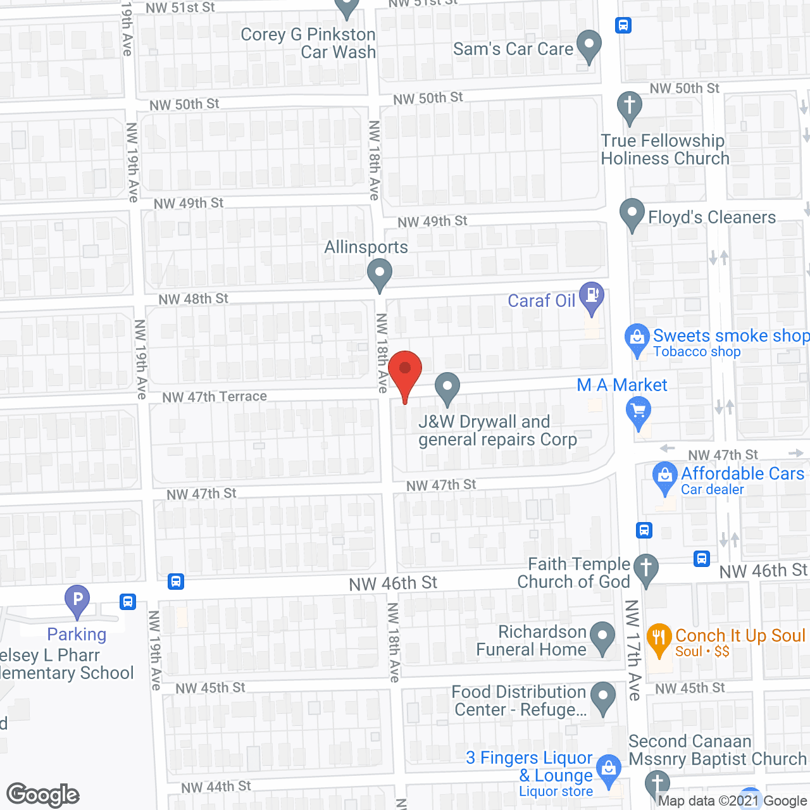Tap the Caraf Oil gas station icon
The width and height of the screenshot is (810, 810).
click(592, 296)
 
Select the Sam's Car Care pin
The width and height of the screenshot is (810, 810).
click(589, 46)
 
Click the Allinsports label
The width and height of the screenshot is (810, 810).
click(366, 247)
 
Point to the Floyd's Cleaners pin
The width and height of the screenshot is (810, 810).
click(632, 214)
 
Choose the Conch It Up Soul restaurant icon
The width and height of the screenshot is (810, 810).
click(659, 638)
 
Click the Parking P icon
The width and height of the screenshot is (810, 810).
click(77, 599)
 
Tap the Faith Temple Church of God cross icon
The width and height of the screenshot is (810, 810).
click(646, 568)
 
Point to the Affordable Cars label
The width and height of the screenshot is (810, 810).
click(742, 473)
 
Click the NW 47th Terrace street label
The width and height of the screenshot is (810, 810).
click(215, 397)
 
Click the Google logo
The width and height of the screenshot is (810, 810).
click(43, 795)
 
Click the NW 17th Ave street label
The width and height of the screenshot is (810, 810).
click(633, 650)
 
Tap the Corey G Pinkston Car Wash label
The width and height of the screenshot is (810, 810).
click(308, 43)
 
